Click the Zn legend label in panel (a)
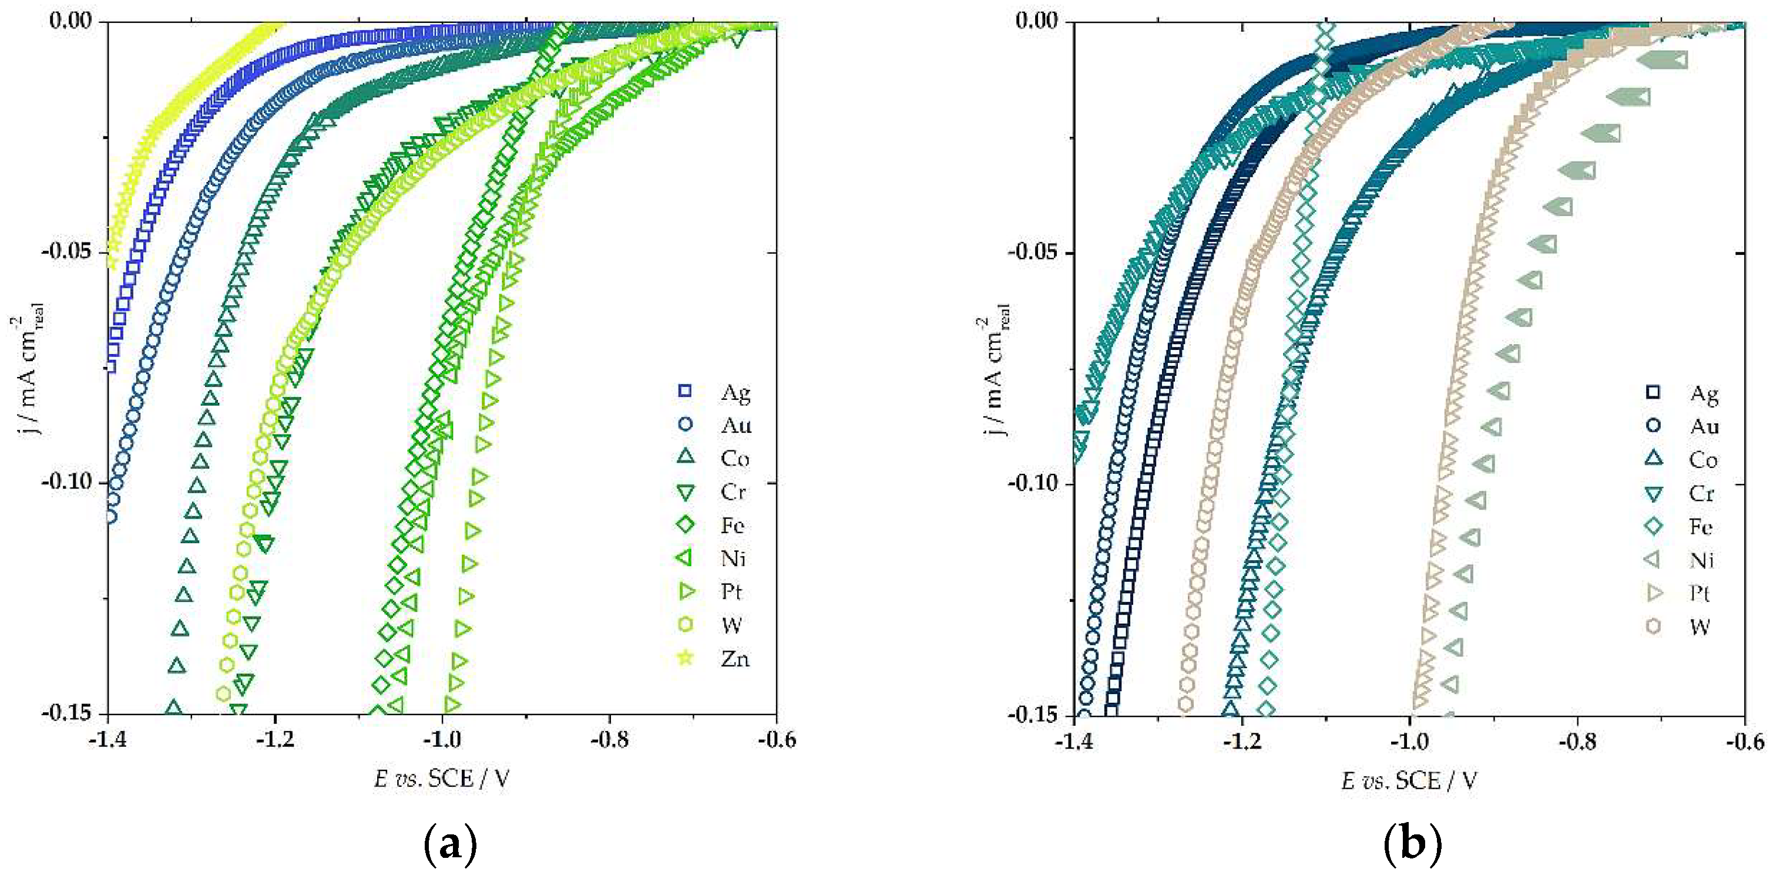pyautogui.click(x=734, y=659)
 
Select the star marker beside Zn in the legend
pyautogui.click(x=685, y=658)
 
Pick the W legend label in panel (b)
pyautogui.click(x=1700, y=627)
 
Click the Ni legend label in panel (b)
pyautogui.click(x=1702, y=560)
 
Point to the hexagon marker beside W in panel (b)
pyautogui.click(x=1653, y=627)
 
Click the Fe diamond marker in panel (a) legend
pyautogui.click(x=685, y=525)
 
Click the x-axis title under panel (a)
pyautogui.click(x=442, y=779)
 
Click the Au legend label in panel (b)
pyautogui.click(x=1704, y=426)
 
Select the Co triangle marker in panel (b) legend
pyautogui.click(x=1653, y=459)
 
